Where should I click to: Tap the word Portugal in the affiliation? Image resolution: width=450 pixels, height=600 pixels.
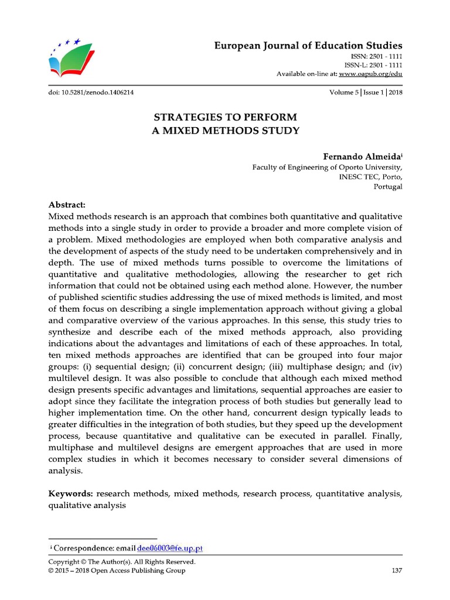click(x=388, y=187)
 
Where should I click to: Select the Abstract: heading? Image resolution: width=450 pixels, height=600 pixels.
click(x=67, y=204)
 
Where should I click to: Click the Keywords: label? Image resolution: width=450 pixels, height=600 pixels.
click(x=70, y=494)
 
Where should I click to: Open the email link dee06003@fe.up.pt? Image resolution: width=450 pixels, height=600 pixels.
click(x=170, y=548)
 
